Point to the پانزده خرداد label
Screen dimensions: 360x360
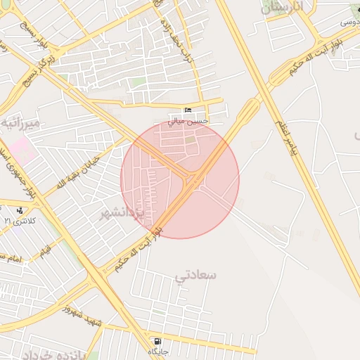53,354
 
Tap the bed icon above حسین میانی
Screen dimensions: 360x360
187,111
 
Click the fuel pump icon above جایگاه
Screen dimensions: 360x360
156,341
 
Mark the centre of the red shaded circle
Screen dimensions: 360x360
180,179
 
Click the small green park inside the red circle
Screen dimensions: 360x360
191,139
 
